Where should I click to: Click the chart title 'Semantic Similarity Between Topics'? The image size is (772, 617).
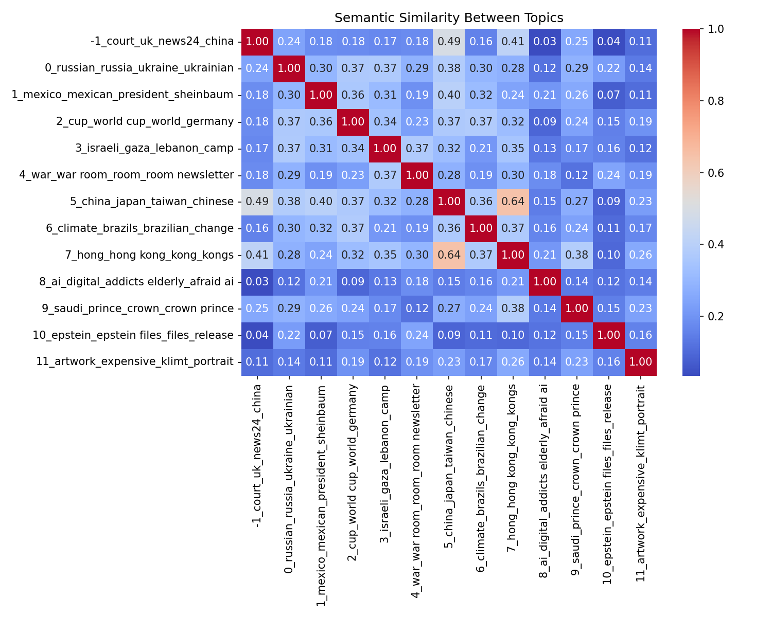449,18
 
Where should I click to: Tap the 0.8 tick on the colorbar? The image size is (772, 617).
701,101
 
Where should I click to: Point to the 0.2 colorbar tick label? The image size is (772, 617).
701,316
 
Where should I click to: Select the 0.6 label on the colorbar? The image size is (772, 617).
701,173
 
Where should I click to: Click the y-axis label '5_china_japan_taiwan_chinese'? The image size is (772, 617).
152,202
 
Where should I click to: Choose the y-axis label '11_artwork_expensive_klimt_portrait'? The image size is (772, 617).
135,361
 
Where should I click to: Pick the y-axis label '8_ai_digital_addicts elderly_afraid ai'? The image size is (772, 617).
137,282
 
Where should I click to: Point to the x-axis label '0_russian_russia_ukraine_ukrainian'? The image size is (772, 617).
289,479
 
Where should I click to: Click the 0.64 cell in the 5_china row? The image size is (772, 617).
513,202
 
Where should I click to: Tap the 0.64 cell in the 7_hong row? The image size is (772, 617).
449,255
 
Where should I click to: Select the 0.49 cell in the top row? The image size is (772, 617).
449,42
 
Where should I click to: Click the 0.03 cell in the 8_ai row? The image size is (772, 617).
257,282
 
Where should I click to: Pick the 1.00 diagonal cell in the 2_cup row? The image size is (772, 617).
353,122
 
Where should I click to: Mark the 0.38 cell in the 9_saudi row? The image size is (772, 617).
513,308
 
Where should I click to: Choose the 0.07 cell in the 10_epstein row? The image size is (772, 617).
321,335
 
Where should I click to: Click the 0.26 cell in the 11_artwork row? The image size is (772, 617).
513,361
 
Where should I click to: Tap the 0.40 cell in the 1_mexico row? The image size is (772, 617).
449,95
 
